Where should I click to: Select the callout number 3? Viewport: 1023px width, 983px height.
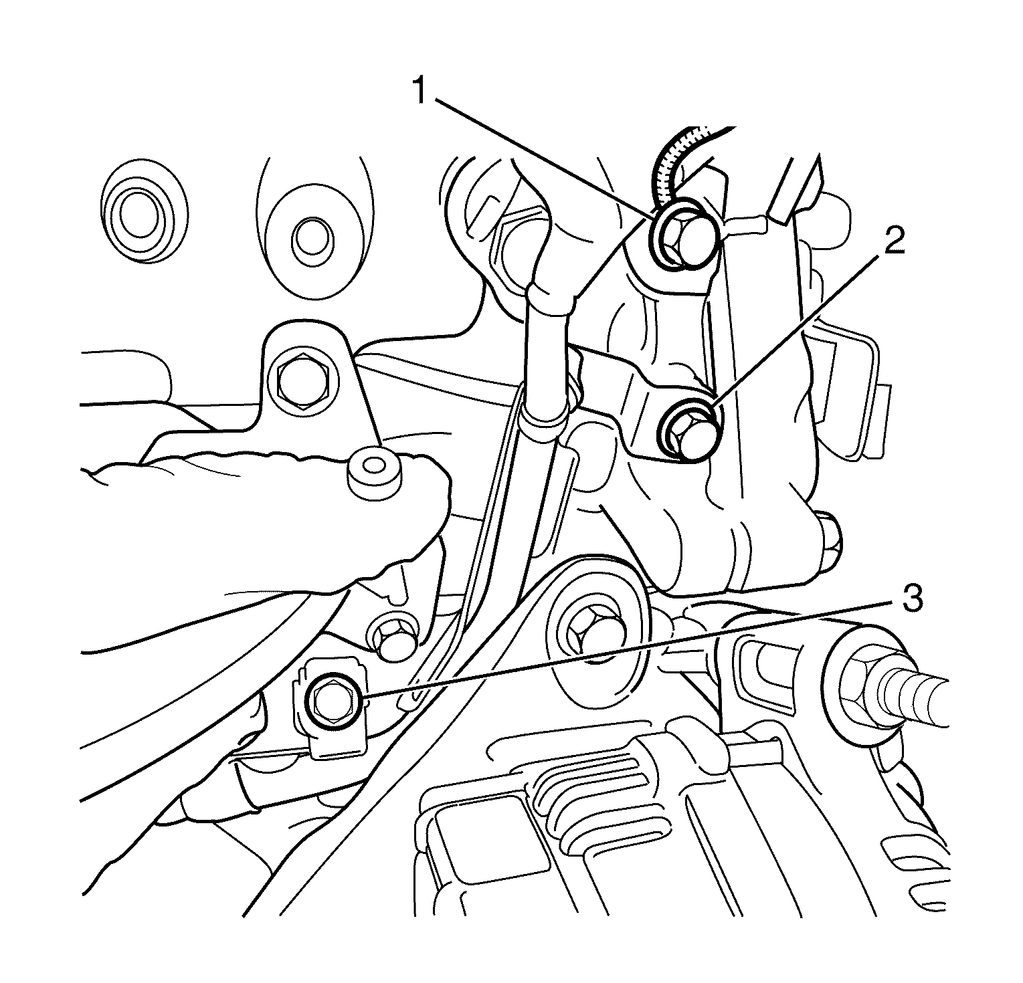(x=912, y=598)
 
